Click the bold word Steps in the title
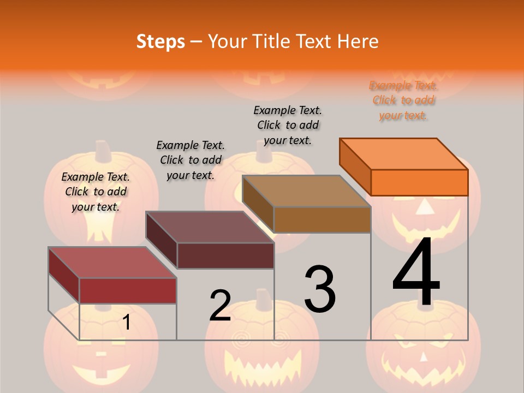tap(160, 41)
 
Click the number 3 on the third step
tap(320, 289)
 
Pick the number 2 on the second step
tap(221, 306)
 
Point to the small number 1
tap(126, 323)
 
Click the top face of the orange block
tap(404, 153)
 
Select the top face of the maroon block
tap(210, 227)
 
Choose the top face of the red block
tap(112, 263)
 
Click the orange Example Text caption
tap(403, 100)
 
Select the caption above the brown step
tap(288, 125)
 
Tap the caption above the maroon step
tap(190, 160)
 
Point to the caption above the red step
tap(96, 192)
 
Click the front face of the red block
tap(128, 290)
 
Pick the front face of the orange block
tap(419, 182)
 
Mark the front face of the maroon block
tap(225, 255)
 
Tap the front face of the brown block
tap(322, 219)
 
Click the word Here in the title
tap(358, 41)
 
